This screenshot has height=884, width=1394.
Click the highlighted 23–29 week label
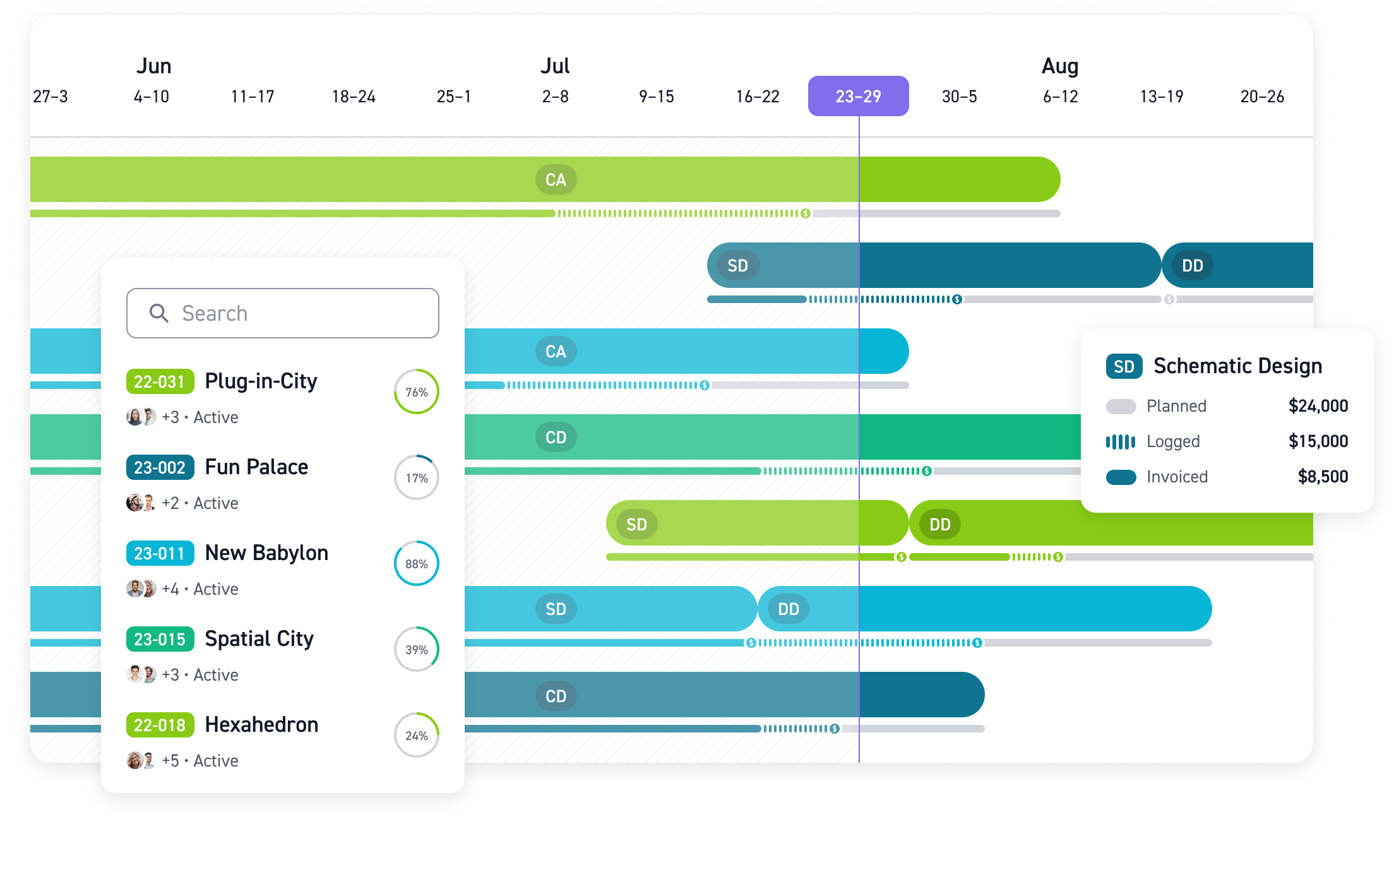858,96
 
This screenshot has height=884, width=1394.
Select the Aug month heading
1060,66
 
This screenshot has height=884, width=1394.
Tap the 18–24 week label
354,97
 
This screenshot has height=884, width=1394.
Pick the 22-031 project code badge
160,381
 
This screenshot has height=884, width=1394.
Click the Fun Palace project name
256,467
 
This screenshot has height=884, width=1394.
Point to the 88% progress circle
417,563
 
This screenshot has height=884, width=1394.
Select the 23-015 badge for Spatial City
160,639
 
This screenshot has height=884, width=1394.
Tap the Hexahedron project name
261,725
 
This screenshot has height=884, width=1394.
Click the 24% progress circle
417,735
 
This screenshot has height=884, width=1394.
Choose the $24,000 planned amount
1318,406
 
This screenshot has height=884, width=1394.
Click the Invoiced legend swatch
1121,477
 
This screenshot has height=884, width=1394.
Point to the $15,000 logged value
1318,441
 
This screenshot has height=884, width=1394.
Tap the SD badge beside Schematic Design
1124,366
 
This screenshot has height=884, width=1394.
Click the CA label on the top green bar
556,180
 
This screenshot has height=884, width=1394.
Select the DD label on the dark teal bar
1192,266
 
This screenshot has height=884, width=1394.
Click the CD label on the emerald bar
556,438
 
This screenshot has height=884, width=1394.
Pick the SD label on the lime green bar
636,524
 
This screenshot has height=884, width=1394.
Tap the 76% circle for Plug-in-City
417,391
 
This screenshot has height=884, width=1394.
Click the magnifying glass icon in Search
158,313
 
